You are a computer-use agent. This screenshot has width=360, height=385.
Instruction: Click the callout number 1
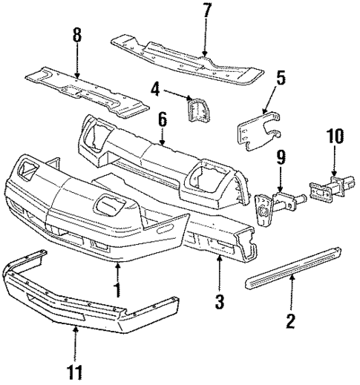tap(117, 288)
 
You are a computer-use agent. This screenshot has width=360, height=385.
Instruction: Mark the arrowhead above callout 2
tap(292, 276)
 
